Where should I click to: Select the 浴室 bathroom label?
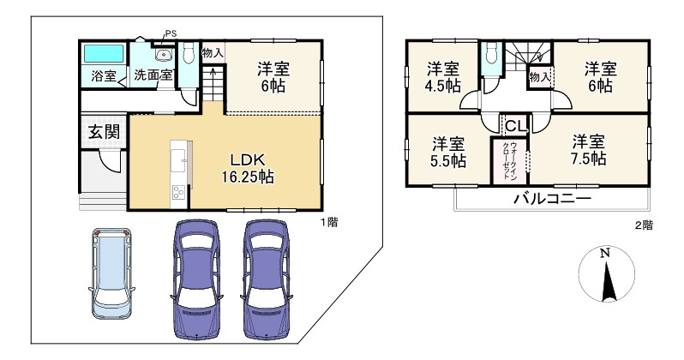[105, 76]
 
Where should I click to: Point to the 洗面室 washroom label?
[153, 75]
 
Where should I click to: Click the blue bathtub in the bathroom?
[105, 54]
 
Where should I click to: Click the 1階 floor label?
[329, 222]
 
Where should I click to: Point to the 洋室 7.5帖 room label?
[589, 150]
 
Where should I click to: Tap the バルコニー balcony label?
[552, 200]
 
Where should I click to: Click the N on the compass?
[604, 253]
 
